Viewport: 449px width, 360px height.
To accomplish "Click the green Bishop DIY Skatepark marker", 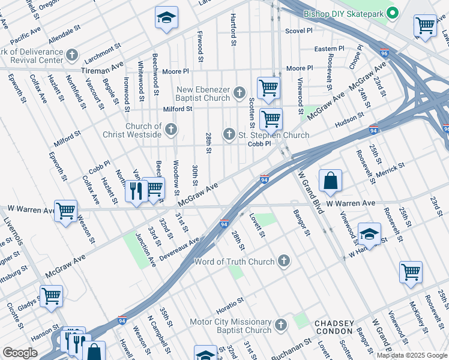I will click(393, 13).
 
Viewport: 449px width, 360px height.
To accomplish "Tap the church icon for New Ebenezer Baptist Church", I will click(240, 92).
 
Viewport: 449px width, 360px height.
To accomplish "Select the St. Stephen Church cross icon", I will click(229, 135).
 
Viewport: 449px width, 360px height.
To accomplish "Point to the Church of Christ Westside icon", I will click(171, 129).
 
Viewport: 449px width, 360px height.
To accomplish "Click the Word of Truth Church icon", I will click(284, 261).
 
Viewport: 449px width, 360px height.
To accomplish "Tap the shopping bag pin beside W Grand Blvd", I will click(330, 181).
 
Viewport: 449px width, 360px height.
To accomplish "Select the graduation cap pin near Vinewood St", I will click(369, 235).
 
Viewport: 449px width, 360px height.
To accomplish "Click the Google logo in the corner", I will click(20, 353).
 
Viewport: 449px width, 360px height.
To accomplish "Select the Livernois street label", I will click(12, 231).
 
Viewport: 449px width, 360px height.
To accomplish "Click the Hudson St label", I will click(349, 119).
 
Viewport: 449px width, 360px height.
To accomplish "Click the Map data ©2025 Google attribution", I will click(412, 355).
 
